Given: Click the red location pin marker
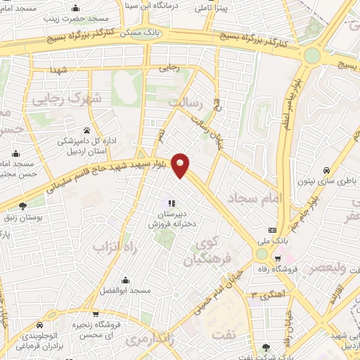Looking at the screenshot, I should (x=181, y=165).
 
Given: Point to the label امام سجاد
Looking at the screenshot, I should (x=255, y=200).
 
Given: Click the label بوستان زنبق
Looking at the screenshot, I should (x=23, y=219).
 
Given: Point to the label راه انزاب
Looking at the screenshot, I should (x=110, y=247).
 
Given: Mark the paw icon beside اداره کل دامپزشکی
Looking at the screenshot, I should (x=87, y=129).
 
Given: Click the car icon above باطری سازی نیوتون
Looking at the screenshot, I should (x=326, y=170).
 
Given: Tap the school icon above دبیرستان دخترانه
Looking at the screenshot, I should (x=171, y=204).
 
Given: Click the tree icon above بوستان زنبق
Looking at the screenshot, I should (x=23, y=205).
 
